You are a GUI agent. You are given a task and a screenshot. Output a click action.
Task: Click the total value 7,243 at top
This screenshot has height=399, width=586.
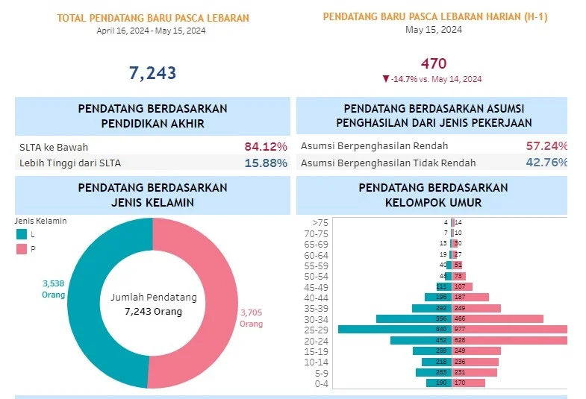tap(152, 72)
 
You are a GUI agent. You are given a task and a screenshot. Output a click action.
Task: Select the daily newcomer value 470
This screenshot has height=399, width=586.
tap(434, 64)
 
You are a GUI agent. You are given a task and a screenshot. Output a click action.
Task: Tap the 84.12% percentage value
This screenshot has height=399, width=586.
tap(266, 146)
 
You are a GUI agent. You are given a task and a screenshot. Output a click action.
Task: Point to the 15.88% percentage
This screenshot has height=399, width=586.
tap(266, 163)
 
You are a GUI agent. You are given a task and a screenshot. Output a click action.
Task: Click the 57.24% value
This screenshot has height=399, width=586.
tap(546, 146)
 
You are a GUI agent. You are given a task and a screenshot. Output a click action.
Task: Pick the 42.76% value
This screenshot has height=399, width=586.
tap(546, 163)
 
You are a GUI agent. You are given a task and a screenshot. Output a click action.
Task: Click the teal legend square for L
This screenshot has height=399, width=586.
tap(21, 234)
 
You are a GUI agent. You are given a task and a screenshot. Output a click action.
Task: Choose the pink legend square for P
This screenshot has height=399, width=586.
tap(21, 249)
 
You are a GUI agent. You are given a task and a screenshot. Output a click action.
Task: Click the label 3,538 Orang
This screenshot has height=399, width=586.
tap(53, 289)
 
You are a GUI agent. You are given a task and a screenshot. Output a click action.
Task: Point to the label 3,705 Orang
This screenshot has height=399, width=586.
tap(251, 318)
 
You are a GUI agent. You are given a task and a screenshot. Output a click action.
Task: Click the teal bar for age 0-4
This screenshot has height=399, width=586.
tap(438, 383)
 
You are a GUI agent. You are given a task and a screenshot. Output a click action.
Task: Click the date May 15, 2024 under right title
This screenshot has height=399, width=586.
tap(434, 30)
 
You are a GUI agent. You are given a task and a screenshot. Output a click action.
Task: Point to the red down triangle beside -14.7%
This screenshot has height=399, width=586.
tap(385, 78)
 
